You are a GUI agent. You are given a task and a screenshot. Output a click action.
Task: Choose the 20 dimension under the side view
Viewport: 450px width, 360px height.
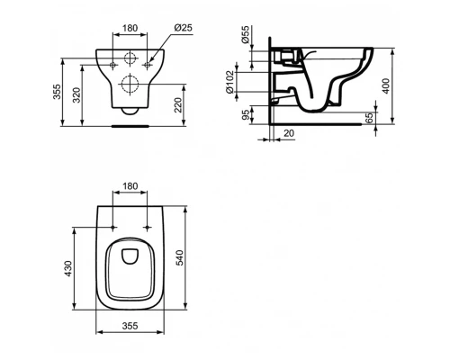coord(287,133)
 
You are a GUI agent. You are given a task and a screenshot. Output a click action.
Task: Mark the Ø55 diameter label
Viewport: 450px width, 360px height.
coord(246,40)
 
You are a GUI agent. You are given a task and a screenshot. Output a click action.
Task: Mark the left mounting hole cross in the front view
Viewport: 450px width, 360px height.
coord(112,64)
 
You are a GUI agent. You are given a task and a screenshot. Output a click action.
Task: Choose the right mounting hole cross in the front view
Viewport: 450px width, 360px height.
coord(146,64)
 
